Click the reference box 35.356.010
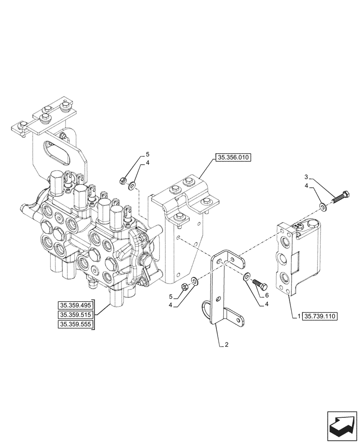(233, 157)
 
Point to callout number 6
(267, 295)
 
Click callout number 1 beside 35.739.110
(300, 316)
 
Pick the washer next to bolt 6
(246, 277)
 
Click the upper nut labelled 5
(123, 180)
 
